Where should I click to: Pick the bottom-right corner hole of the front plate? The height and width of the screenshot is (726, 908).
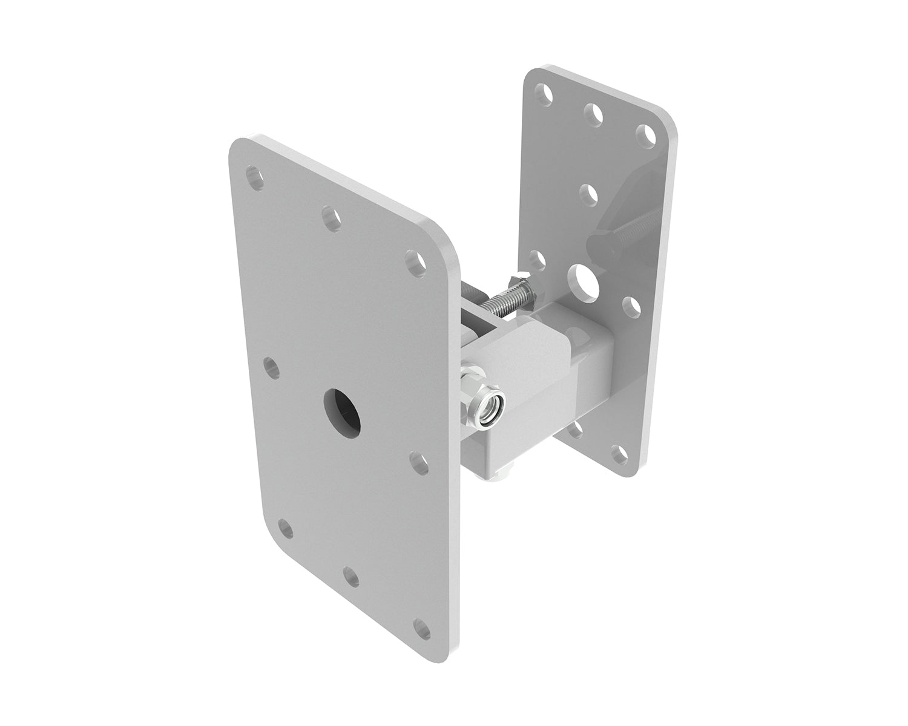pyautogui.click(x=423, y=628)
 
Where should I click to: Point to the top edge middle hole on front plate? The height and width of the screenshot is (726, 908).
pyautogui.click(x=331, y=218)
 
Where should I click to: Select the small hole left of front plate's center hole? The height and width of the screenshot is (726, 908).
pyautogui.click(x=272, y=368)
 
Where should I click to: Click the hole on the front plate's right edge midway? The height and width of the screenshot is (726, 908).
pyautogui.click(x=417, y=462)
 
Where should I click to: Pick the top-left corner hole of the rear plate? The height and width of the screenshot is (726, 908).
pyautogui.click(x=547, y=95)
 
